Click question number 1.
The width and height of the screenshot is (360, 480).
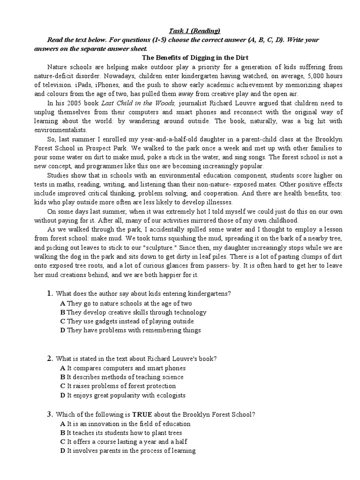tap(49, 294)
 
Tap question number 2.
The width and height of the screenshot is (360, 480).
tap(49, 359)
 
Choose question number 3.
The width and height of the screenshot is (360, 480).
tap(49, 414)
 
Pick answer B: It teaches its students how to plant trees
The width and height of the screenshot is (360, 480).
tap(121, 433)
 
